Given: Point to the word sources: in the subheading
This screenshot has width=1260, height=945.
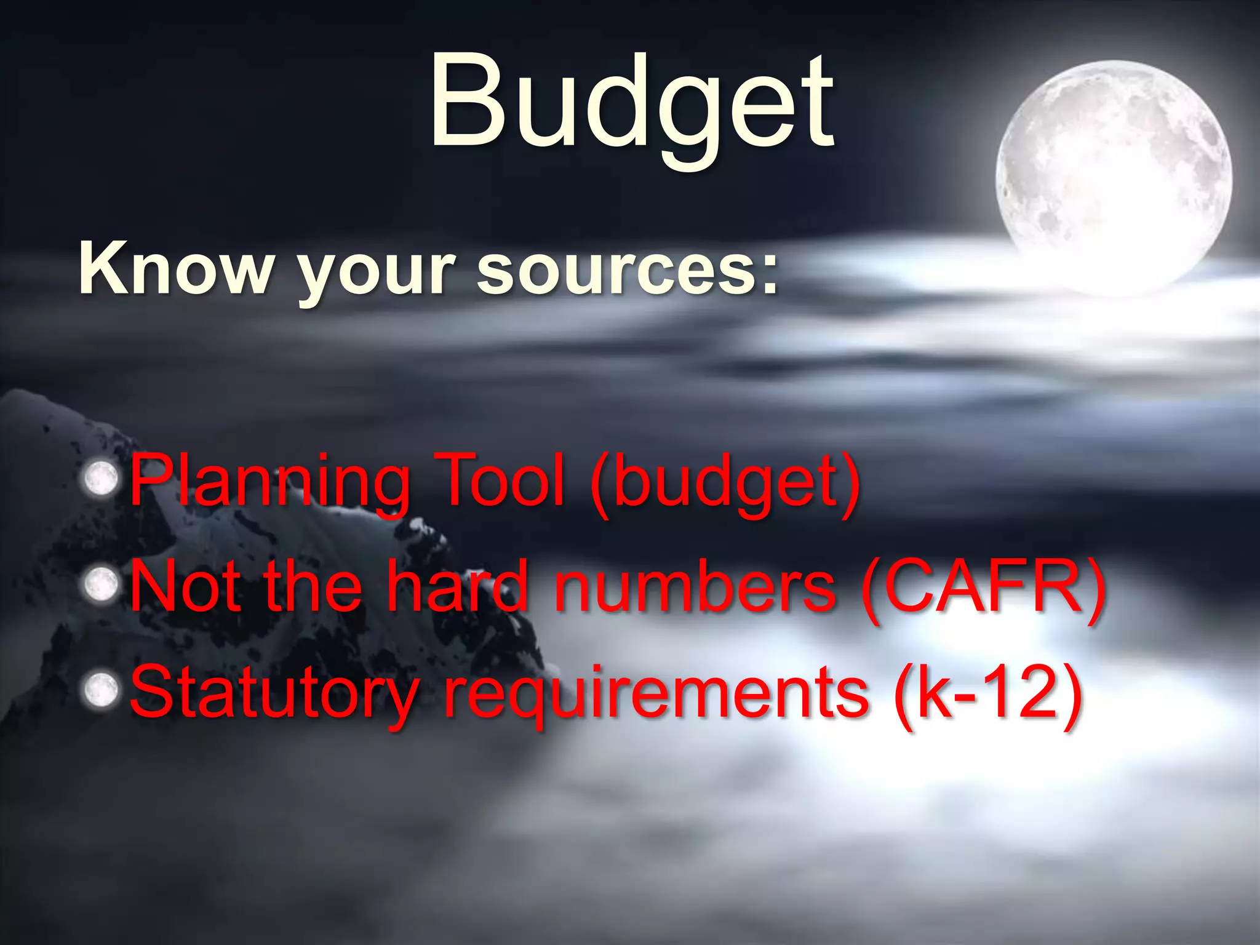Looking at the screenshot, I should point(628,271).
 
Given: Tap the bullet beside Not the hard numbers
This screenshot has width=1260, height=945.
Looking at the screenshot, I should point(101,584).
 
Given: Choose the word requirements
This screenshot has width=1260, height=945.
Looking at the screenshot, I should point(656,694).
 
